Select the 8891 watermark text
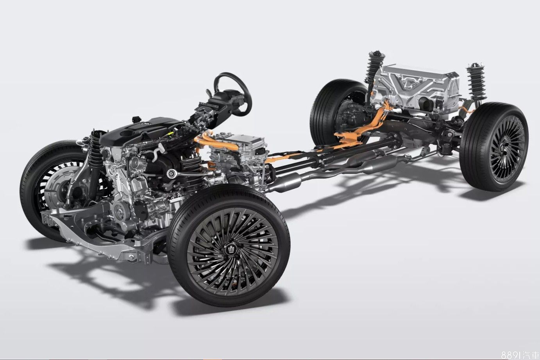(x=520, y=354)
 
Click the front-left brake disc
(x=58, y=186)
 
